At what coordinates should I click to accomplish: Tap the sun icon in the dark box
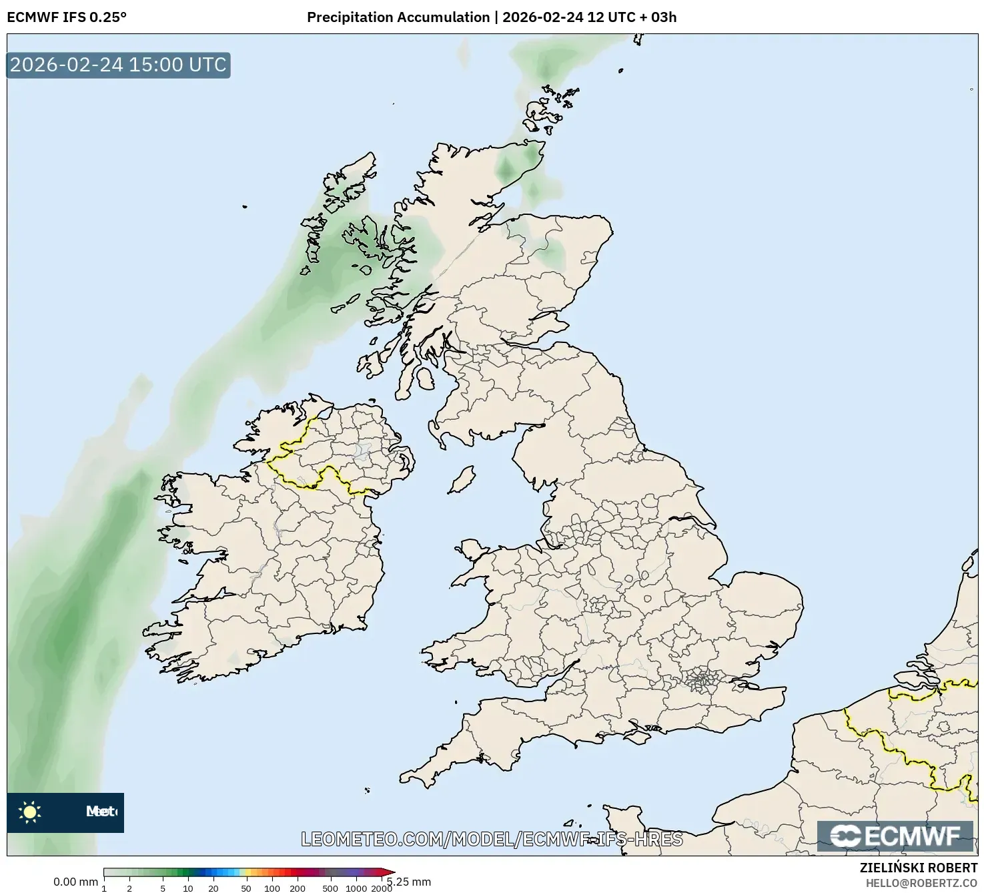pos(30,812)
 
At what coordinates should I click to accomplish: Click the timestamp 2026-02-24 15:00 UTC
pos(118,65)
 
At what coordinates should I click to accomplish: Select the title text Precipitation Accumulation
pos(398,17)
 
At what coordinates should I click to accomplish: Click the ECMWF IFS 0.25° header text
pos(67,17)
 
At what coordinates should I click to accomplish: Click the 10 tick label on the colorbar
pos(188,888)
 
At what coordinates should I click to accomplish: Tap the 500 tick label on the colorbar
pos(330,888)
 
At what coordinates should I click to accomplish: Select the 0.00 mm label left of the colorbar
pos(75,882)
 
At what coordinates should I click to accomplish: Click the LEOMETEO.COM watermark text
pos(492,839)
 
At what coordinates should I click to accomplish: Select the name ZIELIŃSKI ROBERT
pos(919,868)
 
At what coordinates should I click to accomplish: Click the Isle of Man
pos(462,479)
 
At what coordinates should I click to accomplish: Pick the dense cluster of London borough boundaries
pos(701,680)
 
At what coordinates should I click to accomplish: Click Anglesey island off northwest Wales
pos(472,550)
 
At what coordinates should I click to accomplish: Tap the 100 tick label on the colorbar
pos(272,888)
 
